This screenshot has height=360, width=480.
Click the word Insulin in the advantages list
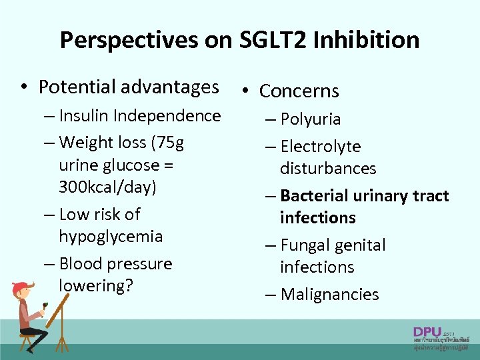coord(83,116)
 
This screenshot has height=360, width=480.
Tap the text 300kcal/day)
coord(107,187)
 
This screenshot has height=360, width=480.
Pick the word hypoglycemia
coord(111,237)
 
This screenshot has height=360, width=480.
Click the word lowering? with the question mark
coord(96,285)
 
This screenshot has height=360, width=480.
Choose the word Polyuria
coord(311,120)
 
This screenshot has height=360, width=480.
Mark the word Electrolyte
coord(321,147)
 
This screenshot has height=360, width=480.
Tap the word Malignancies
coord(330,295)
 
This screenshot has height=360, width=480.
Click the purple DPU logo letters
coord(426,331)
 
